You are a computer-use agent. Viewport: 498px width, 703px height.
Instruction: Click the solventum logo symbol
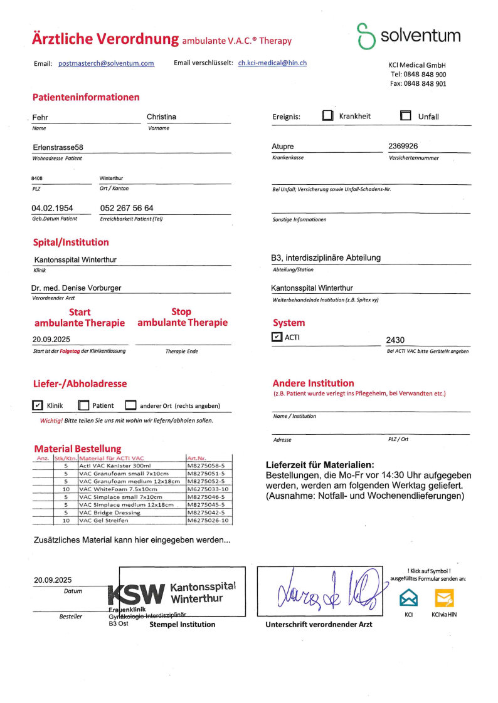pyautogui.click(x=366, y=36)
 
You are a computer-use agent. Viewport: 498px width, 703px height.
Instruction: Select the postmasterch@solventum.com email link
pyautogui.click(x=106, y=63)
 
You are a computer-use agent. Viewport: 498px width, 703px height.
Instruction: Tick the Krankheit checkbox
pyautogui.click(x=328, y=116)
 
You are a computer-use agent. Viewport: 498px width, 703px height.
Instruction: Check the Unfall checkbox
pyautogui.click(x=406, y=116)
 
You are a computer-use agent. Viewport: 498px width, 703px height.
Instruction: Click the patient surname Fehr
pyautogui.click(x=40, y=117)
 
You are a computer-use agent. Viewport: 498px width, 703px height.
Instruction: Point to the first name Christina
pyautogui.click(x=161, y=117)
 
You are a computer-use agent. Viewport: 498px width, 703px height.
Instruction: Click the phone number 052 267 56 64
pyautogui.click(x=127, y=208)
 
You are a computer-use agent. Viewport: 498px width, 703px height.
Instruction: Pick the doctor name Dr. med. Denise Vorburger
pyautogui.click(x=77, y=288)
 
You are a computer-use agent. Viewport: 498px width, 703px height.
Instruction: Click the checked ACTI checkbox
pyautogui.click(x=277, y=337)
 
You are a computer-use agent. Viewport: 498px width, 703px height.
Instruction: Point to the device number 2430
pyautogui.click(x=395, y=340)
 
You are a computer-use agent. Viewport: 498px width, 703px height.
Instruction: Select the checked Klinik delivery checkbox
pyautogui.click(x=38, y=405)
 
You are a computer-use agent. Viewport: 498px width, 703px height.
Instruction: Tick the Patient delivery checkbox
pyautogui.click(x=83, y=405)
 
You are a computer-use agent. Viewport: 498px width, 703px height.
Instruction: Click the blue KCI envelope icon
pyautogui.click(x=408, y=598)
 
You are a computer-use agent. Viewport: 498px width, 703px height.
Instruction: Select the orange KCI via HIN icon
pyautogui.click(x=444, y=598)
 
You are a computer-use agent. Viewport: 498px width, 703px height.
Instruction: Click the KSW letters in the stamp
pyautogui.click(x=136, y=593)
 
